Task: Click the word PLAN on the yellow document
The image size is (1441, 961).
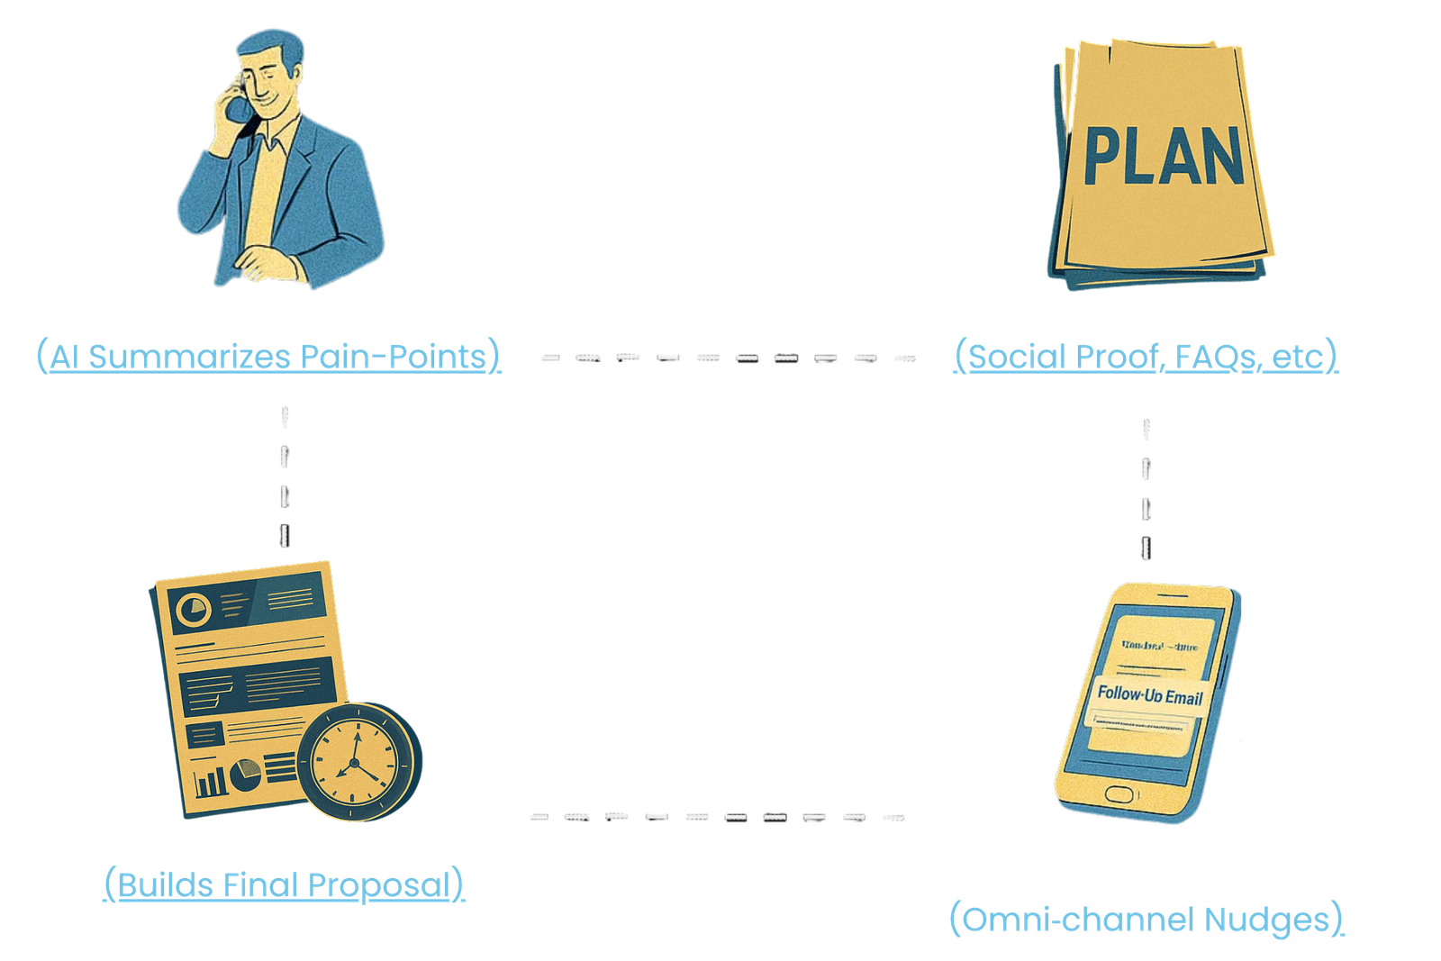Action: (1164, 156)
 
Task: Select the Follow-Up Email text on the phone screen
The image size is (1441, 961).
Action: (1149, 695)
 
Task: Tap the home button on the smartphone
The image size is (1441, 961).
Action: (1119, 793)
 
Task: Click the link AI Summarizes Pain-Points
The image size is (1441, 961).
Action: (267, 358)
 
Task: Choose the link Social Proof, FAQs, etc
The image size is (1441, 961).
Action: (1146, 358)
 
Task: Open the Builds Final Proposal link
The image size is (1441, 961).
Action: (284, 885)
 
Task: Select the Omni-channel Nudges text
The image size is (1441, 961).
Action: (1146, 920)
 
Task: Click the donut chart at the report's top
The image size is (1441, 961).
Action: (194, 611)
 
